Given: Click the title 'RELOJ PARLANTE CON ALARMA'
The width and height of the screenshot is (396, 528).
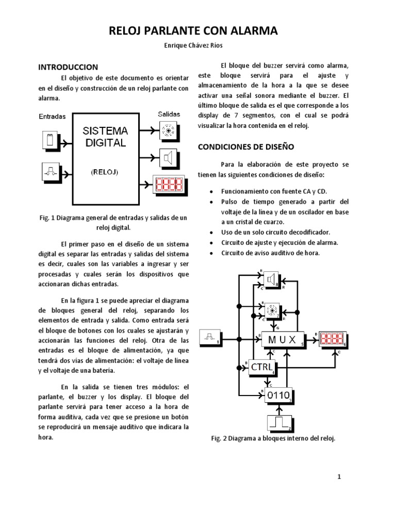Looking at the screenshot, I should [193, 31].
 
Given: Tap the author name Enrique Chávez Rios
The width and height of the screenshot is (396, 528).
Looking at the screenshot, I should [193, 46].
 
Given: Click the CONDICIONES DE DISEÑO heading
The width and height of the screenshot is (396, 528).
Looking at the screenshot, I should [246, 147].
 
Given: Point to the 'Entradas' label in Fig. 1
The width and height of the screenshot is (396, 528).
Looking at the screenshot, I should [53, 117].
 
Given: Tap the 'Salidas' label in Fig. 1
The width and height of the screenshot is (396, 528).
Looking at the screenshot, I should [168, 113].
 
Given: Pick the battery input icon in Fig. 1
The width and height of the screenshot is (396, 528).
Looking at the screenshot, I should [51, 140].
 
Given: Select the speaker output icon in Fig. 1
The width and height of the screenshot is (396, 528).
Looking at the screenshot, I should [168, 157].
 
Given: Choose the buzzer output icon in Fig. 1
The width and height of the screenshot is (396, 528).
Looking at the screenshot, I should [168, 130].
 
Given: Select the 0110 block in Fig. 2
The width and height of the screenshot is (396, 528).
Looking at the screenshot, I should [278, 396].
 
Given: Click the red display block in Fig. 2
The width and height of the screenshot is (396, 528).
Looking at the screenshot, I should [333, 339].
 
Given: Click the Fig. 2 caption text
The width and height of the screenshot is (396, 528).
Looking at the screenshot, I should [273, 439].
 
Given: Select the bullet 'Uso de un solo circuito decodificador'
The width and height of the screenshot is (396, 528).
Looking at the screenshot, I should [276, 233].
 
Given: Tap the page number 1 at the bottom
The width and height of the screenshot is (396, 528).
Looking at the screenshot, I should [339, 477].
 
